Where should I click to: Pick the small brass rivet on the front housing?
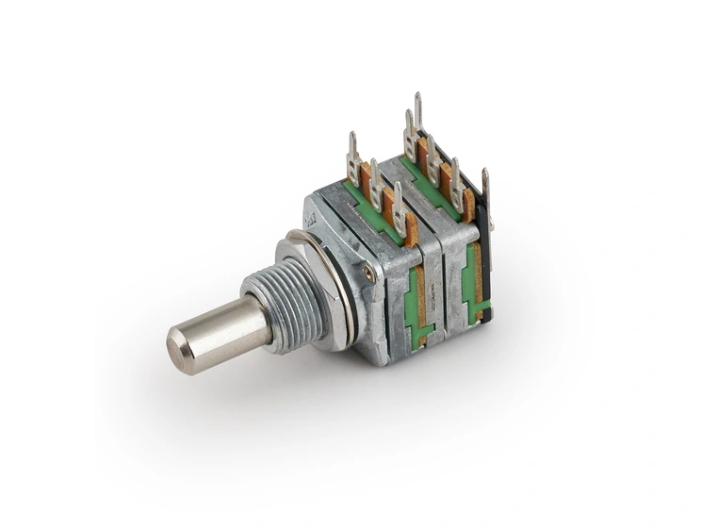(x=367, y=273)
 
